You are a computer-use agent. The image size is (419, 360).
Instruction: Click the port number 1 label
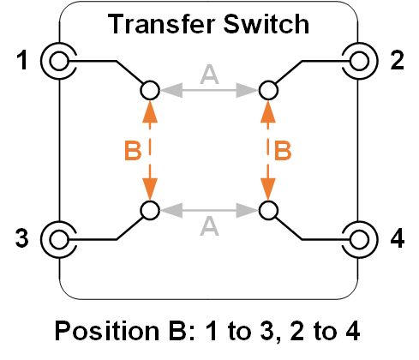point(22,60)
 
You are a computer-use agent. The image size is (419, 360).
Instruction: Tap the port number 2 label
point(397,60)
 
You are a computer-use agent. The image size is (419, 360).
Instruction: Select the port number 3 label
point(22,238)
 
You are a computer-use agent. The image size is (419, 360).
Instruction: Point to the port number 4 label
point(398,238)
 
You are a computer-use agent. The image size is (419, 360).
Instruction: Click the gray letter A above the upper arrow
point(209,75)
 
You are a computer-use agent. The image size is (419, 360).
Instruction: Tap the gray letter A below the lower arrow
point(209,226)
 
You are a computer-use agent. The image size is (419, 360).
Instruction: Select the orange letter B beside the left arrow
point(133,151)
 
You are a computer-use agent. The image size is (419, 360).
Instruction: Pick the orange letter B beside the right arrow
point(283,151)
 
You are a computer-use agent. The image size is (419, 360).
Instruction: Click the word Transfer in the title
point(161,24)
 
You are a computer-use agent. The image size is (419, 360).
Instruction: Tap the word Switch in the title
point(266,24)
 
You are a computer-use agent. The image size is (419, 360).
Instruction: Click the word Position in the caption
point(107,331)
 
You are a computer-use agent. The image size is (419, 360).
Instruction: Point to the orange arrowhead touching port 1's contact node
point(150,111)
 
